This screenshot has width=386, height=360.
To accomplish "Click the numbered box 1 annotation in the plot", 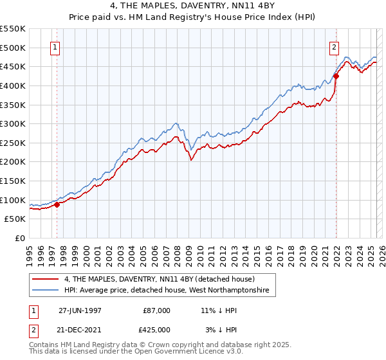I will click(x=55, y=47).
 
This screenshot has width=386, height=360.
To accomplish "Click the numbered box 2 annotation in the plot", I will click(x=335, y=47).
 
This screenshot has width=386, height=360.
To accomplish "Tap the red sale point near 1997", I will click(x=57, y=205).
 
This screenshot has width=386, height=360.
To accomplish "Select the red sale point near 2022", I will click(x=336, y=76).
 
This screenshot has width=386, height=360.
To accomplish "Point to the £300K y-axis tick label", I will click(x=13, y=123).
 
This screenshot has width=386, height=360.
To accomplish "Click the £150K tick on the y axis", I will click(x=13, y=181).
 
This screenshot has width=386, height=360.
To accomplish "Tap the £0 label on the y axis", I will click(x=20, y=238).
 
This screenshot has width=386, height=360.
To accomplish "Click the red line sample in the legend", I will click(x=45, y=279).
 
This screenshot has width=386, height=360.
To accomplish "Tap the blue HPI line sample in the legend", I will click(x=45, y=291).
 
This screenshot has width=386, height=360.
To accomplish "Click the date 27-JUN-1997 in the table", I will click(x=80, y=310).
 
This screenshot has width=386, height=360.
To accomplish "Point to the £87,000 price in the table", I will click(x=157, y=310).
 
